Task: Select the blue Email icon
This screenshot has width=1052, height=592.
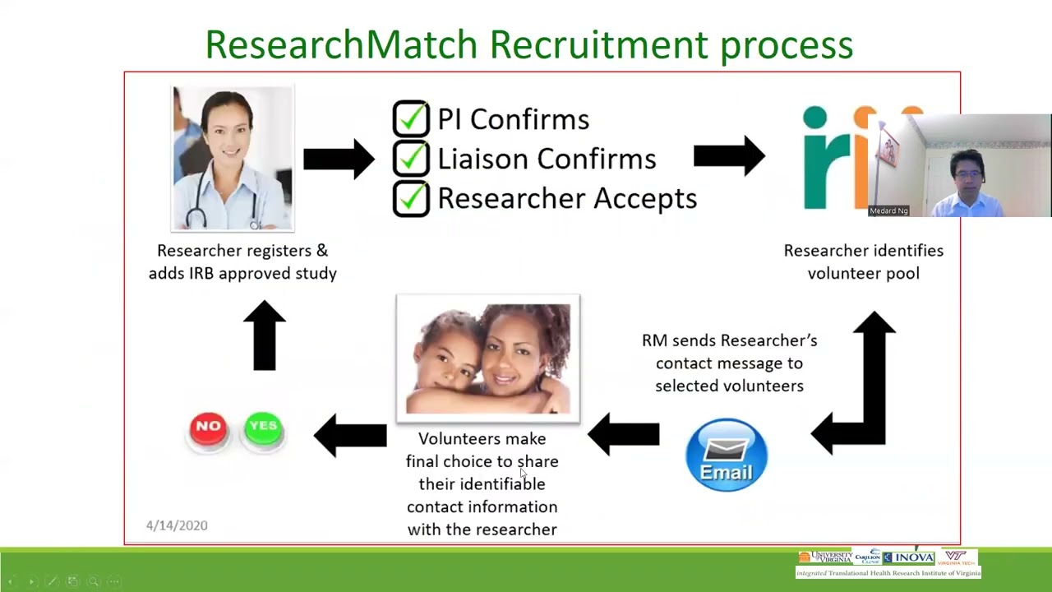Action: [726, 456]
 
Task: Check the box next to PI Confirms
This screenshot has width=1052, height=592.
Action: [410, 118]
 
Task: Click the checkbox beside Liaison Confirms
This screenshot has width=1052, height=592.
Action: [410, 158]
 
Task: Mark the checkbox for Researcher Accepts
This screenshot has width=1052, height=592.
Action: [410, 198]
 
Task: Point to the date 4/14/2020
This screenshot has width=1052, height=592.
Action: [177, 525]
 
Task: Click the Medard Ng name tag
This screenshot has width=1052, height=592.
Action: [888, 211]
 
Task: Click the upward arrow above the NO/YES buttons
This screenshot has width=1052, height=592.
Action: [264, 335]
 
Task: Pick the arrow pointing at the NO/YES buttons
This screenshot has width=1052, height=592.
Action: [350, 434]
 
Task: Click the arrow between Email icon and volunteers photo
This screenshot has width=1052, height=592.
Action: [624, 434]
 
